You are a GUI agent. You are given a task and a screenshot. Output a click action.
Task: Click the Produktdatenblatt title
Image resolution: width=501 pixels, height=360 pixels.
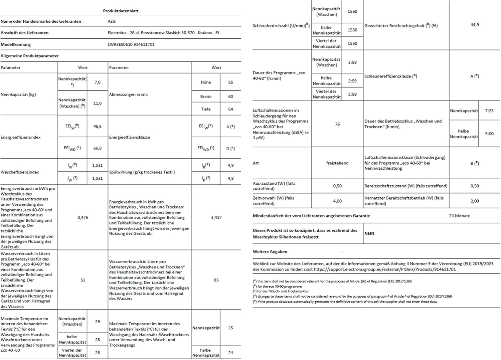coord(121,11)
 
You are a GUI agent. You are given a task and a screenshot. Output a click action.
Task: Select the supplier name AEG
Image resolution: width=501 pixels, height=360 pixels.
coord(112,21)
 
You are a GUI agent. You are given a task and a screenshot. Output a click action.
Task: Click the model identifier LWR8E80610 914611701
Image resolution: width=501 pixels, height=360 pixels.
coord(131,44)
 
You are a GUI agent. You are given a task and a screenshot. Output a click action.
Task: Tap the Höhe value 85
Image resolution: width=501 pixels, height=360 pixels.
coord(230,82)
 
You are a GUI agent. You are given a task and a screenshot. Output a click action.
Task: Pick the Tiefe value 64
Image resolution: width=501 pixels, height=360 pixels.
coord(230,109)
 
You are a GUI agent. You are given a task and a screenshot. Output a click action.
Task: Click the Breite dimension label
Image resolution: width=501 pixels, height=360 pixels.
coord(206,97)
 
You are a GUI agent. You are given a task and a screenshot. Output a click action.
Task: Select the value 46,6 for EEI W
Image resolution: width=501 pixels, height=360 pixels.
coord(98,126)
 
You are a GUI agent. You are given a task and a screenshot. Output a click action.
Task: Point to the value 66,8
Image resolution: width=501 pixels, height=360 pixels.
coord(98,148)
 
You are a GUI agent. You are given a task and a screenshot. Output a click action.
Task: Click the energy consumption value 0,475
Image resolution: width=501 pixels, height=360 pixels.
coord(83,217)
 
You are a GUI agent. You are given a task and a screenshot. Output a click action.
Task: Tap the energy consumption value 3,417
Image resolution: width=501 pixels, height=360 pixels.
coord(216,217)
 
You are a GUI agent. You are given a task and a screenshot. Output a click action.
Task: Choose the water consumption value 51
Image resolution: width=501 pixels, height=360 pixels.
coord(83,280)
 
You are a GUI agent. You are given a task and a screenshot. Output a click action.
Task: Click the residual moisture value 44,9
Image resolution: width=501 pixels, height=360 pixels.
coord(475,25)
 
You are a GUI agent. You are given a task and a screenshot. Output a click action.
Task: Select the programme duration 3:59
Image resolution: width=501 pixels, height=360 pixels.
coord(352,62)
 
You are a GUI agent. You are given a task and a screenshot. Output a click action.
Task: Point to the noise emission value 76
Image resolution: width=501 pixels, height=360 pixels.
coord(337,124)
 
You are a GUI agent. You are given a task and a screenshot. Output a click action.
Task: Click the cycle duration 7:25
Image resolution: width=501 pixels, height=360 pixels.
coord(489,111)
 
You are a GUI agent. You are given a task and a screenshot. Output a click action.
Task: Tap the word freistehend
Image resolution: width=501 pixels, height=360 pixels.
coord(337,163)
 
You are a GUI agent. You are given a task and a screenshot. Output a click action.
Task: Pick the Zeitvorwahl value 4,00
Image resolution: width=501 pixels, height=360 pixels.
coord(337,201)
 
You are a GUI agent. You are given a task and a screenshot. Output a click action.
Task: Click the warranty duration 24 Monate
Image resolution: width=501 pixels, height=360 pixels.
coord(460,216)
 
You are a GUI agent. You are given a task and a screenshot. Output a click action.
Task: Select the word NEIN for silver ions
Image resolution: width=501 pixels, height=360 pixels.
coord(369,233)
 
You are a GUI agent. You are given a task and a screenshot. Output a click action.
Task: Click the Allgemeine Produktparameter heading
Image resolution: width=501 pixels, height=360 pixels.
coord(30,56)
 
